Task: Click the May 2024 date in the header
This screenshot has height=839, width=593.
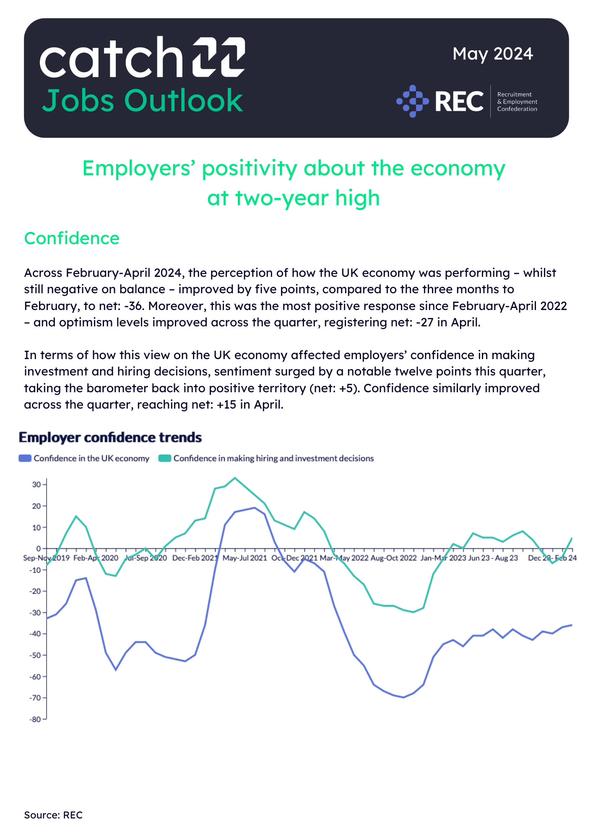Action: (492, 54)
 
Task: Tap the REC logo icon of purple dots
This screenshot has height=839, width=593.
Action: (413, 101)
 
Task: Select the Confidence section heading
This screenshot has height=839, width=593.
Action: (72, 238)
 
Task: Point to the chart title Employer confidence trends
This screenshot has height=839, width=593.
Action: (110, 438)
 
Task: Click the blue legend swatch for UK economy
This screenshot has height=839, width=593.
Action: (25, 459)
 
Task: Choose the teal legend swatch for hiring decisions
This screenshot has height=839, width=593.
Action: (165, 459)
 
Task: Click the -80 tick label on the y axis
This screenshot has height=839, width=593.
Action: (35, 719)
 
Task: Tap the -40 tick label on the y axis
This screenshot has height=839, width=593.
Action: (35, 634)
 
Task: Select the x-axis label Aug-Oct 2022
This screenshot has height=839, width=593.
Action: (393, 558)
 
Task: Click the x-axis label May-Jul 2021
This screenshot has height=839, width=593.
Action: (244, 558)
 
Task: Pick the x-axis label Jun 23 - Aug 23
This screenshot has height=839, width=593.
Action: (493, 558)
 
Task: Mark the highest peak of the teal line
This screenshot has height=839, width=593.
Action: (235, 478)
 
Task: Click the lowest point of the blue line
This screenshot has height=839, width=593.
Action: (403, 697)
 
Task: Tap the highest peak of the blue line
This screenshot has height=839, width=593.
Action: (255, 508)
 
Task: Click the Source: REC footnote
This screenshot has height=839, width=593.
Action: (53, 815)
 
